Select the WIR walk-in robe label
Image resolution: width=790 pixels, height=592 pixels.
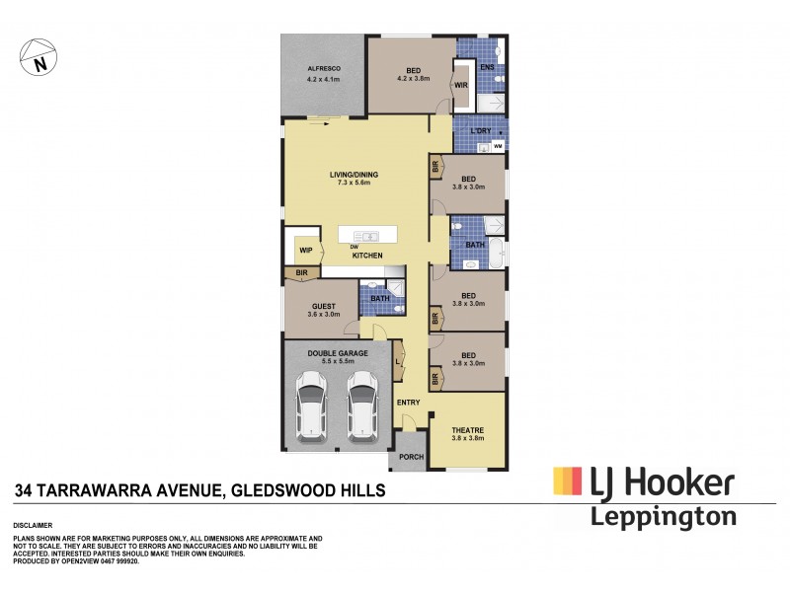[x=460, y=86]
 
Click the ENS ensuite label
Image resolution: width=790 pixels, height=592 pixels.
[x=486, y=68]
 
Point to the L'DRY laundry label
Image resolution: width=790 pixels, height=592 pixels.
[x=480, y=131]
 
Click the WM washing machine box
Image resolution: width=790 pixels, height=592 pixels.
[x=498, y=147]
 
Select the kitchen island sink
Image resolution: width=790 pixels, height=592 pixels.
[x=366, y=236]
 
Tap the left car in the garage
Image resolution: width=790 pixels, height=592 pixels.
[x=313, y=405]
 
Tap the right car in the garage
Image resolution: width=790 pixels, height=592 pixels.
[x=362, y=405]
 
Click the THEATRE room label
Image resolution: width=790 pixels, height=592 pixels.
[x=467, y=430]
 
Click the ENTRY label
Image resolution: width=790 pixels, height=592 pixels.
[x=408, y=402]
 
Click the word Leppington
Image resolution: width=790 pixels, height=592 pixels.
[x=663, y=516]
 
